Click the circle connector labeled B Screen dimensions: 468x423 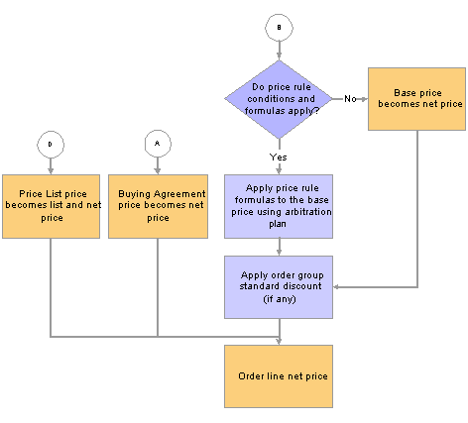pos(279,28)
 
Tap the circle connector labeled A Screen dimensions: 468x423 pos(158,144)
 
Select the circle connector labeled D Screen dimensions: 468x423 pos(51,145)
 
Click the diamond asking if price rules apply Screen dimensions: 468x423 pos(279,99)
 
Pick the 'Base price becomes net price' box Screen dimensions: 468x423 pos(416,99)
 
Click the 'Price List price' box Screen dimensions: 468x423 pos(51,206)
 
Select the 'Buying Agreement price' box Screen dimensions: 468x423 pos(158,206)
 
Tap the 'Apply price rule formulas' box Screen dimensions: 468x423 pos(279,206)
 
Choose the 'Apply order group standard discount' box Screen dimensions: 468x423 pos(279,287)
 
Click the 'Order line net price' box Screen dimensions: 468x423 pos(279,376)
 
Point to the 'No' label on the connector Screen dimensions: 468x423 pos(350,99)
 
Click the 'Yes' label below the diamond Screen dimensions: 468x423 pos(278,158)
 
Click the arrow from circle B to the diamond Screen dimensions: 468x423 pos(279,51)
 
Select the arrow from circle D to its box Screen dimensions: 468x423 pos(51,166)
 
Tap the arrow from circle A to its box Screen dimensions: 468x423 pos(158,165)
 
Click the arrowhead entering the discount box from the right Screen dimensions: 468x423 pos(336,287)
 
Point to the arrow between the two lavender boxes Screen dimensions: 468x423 pos(280,247)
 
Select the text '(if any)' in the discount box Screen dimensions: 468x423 pos(280,299)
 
